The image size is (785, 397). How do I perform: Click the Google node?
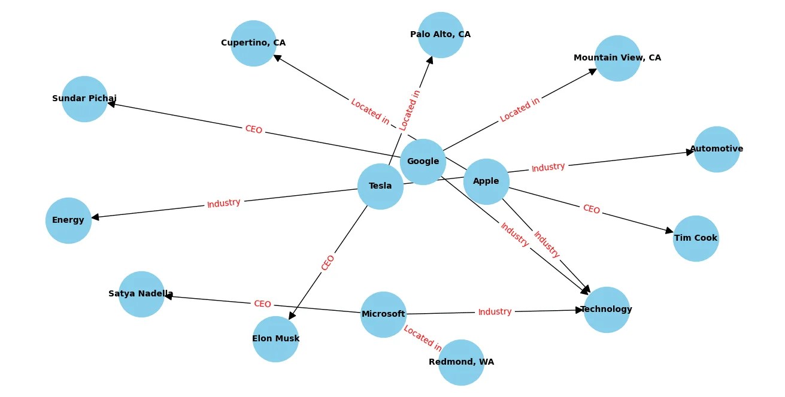click(423, 162)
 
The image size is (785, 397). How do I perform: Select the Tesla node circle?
click(380, 186)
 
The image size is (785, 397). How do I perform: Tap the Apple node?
click(486, 181)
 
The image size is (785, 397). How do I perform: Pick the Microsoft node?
click(383, 314)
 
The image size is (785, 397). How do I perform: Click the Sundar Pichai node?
click(84, 99)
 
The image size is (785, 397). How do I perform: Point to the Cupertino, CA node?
click(253, 43)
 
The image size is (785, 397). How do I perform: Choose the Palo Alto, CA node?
click(441, 35)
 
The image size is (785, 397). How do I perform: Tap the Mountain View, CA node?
click(617, 58)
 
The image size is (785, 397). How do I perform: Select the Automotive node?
click(717, 149)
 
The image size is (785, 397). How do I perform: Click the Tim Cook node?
click(696, 238)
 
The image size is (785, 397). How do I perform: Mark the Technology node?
click(607, 310)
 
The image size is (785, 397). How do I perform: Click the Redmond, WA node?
click(461, 362)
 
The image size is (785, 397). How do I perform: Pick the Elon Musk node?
click(275, 339)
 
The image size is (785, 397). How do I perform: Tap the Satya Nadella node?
click(141, 294)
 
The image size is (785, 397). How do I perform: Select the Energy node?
click(68, 220)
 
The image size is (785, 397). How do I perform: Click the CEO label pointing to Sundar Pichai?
click(253, 129)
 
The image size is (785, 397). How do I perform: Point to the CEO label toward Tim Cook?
click(591, 209)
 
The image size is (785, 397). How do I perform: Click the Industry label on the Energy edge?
click(224, 204)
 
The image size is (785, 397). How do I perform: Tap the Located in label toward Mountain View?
click(520, 110)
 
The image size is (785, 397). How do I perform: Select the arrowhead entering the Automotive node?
click(690, 152)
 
